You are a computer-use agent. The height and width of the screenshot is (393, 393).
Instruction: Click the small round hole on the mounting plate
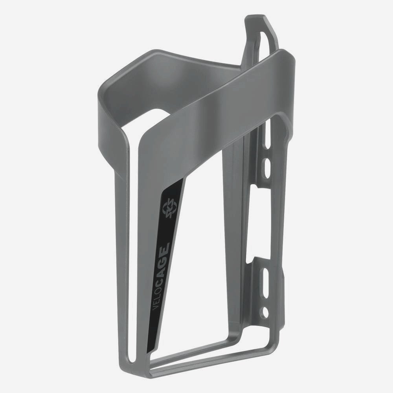tap(266, 312)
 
